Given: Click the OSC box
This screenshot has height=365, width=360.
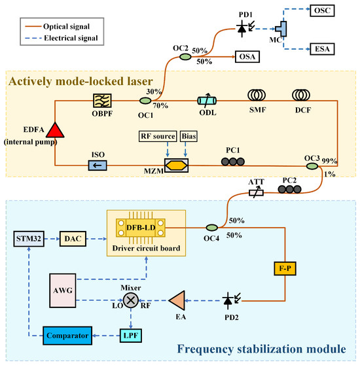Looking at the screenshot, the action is click(x=322, y=10).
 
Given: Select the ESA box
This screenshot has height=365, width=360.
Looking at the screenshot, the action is click(x=322, y=49).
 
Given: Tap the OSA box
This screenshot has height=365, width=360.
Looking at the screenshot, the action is click(x=247, y=56).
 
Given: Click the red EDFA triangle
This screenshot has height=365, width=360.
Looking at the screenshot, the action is click(x=55, y=130).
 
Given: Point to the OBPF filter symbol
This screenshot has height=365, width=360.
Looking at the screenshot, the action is click(x=102, y=101).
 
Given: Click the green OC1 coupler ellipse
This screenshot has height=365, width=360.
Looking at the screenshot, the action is click(x=145, y=101).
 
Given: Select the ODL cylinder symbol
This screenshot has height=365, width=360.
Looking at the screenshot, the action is click(x=207, y=101).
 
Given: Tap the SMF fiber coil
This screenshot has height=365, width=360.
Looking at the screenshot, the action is click(x=257, y=95).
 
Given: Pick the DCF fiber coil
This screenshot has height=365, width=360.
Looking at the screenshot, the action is click(x=301, y=95).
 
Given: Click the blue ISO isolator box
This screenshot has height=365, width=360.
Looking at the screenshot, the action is click(x=98, y=165).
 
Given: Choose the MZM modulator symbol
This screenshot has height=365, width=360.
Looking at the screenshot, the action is click(x=176, y=165).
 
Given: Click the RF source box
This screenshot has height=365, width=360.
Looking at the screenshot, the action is click(x=158, y=136).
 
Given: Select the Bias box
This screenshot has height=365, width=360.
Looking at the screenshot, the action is click(x=189, y=136).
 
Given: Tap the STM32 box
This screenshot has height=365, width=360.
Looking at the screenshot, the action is click(x=29, y=239).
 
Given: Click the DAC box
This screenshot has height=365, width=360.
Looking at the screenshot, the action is click(x=73, y=239).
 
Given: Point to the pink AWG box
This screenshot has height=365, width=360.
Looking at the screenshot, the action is click(x=63, y=290).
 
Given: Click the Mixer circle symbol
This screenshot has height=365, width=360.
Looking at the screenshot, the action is click(x=131, y=300).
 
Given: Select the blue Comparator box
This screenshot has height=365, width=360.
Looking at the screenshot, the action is click(x=67, y=336).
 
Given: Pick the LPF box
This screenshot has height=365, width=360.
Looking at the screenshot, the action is click(x=131, y=336).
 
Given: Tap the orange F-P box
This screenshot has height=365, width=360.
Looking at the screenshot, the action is click(x=285, y=268).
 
